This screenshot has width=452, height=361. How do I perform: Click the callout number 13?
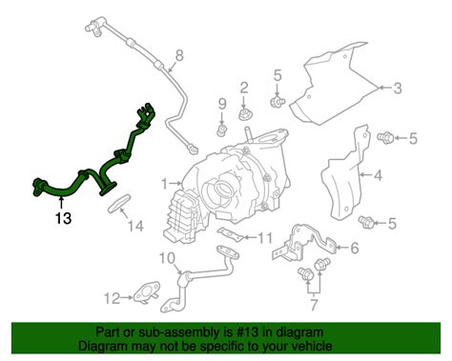point(63,218)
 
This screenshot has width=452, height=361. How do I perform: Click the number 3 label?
point(400,88)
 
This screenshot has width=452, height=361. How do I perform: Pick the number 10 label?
point(165,258)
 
